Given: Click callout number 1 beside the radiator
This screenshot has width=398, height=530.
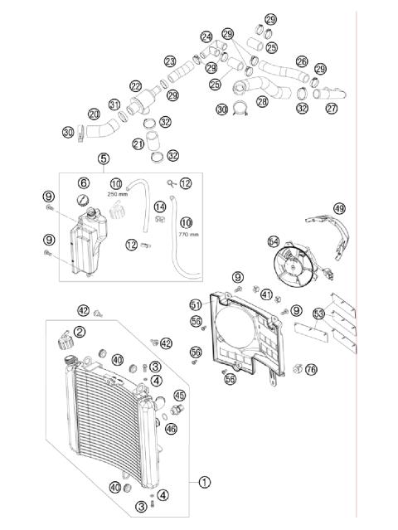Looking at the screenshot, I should point(204,481).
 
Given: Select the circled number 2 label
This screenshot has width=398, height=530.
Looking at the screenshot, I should point(80,332).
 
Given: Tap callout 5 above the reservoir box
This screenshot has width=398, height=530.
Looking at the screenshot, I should point(103,158).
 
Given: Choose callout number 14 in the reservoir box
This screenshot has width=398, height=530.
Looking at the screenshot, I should point(161,207).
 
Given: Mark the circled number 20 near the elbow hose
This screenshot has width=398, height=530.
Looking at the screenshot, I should point(94,114).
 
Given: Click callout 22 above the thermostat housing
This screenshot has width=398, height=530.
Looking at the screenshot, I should point(135,85).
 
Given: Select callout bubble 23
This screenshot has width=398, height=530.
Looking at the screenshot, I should point(170,61).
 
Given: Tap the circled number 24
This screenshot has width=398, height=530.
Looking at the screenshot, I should point(206,36).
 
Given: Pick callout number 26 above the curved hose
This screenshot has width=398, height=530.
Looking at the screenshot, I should point(302,61).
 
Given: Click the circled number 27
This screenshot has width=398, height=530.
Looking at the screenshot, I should point(332,109).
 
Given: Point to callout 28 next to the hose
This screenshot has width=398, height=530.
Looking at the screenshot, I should point(262,101).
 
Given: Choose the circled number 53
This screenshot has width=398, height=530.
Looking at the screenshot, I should point(318,314).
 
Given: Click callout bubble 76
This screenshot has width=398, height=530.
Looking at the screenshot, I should point(311,369).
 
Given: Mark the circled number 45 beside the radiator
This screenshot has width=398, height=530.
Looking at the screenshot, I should point(180,396).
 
